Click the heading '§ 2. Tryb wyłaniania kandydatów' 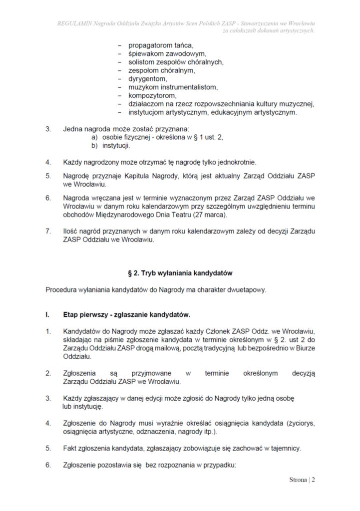coord(180,273)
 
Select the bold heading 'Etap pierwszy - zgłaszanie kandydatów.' coord(127,315)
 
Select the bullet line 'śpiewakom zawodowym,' coord(167,53)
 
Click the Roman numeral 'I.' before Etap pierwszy coord(47,315)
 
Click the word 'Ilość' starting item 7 coord(71,231)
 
